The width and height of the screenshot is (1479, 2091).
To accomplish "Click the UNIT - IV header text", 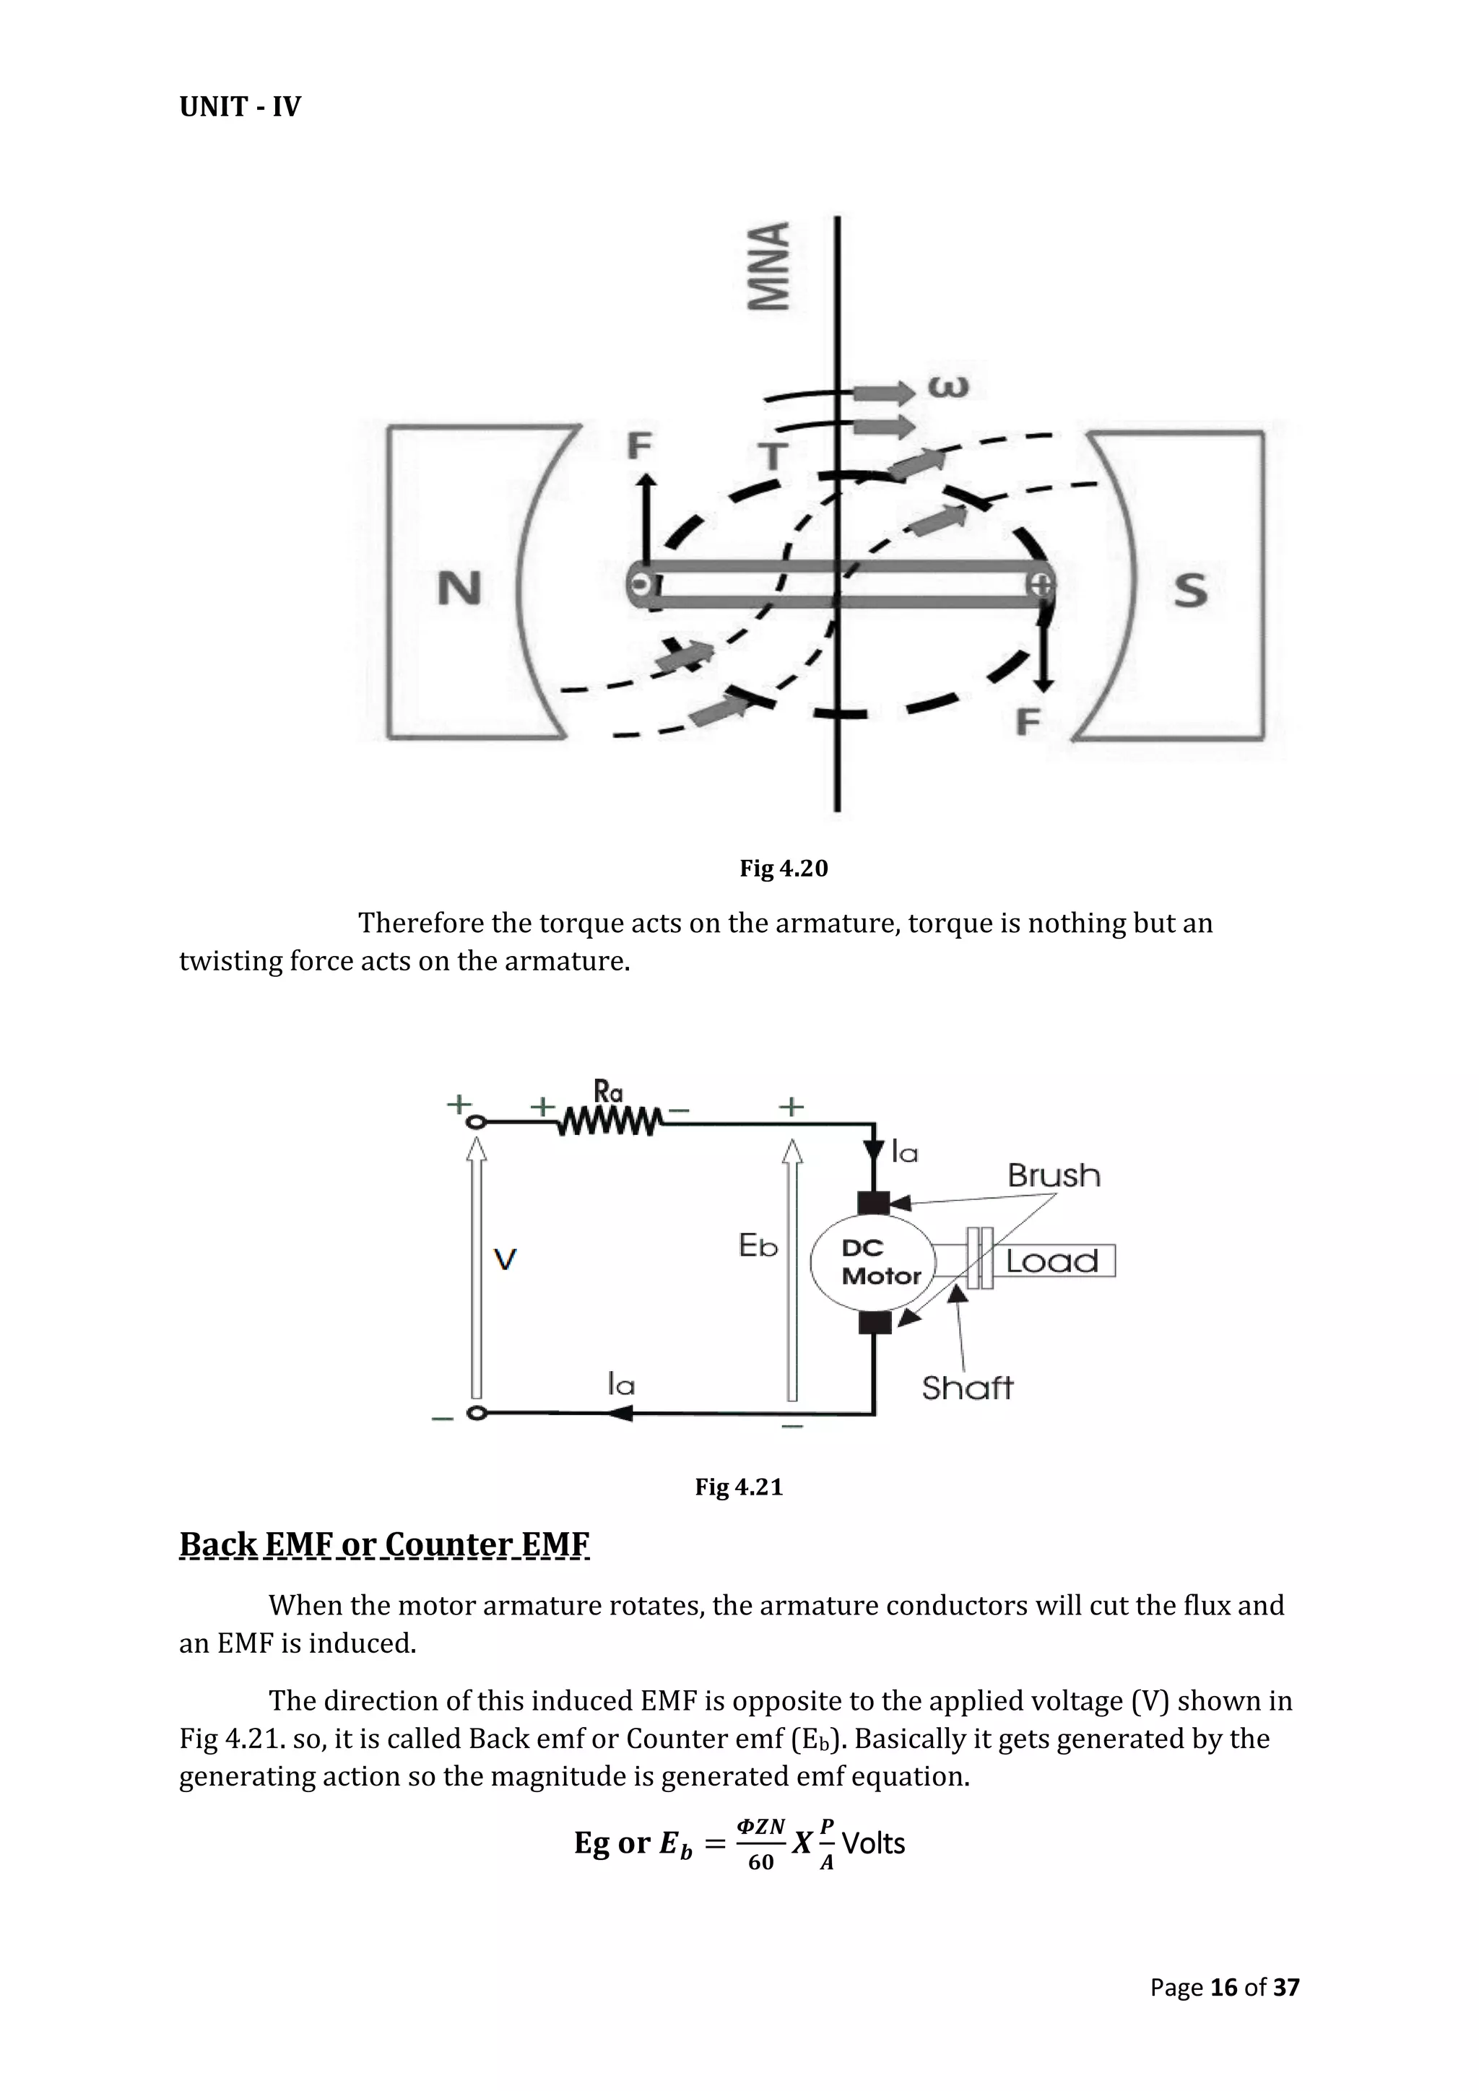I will (240, 107).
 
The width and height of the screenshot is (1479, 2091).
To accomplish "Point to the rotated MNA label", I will (770, 267).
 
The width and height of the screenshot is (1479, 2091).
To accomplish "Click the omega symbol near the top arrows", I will (948, 386).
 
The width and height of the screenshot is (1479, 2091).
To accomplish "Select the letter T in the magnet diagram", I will (773, 456).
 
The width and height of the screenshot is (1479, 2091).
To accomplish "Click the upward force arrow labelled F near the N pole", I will (646, 519).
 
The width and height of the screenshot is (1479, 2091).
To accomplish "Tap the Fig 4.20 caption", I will (784, 868).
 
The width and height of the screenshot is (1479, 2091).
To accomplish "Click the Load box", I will (1054, 1261).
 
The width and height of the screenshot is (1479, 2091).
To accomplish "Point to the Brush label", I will (1054, 1175).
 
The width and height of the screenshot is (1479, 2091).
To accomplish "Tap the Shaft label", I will (966, 1388).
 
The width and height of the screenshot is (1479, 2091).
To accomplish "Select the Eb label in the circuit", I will (758, 1246).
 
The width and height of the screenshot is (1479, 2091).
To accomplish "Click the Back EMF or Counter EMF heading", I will (384, 1544).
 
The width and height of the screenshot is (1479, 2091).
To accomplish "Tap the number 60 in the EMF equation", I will (760, 1862).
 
